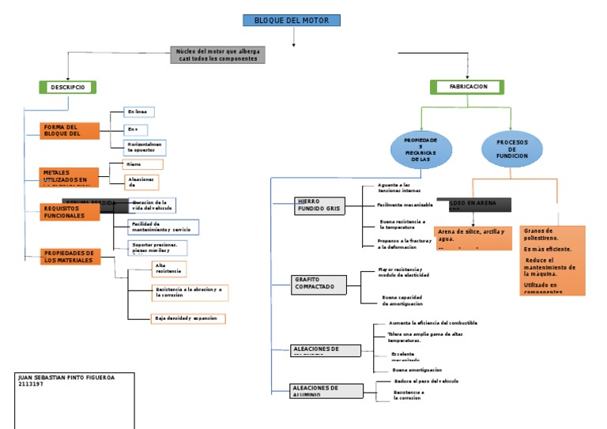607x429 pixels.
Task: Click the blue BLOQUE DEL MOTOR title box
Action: pyautogui.click(x=291, y=21)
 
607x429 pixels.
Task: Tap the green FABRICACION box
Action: pyautogui.click(x=468, y=87)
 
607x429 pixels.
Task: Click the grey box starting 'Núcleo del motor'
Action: pyautogui.click(x=218, y=55)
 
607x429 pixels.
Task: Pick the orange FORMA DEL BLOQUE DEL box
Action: pyautogui.click(x=70, y=131)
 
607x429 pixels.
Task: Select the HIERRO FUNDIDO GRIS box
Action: pyautogui.click(x=319, y=205)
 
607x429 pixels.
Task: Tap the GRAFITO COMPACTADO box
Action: pyautogui.click(x=319, y=284)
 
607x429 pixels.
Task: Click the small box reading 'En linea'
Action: pyautogui.click(x=139, y=112)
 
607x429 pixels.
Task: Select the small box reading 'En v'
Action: pyautogui.click(x=136, y=130)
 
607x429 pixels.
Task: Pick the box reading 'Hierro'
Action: pyautogui.click(x=142, y=164)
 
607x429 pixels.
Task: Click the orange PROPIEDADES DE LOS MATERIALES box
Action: pyautogui.click(x=70, y=257)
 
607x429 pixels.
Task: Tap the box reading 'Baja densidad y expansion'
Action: pyautogui.click(x=189, y=318)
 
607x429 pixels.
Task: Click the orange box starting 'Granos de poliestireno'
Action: pyautogui.click(x=552, y=260)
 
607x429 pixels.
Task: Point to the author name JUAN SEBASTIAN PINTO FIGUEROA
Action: pyautogui.click(x=66, y=378)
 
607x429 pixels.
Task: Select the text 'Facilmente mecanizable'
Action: pyautogui.click(x=405, y=205)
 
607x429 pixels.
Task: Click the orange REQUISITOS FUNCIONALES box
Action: pyautogui.click(x=70, y=212)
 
